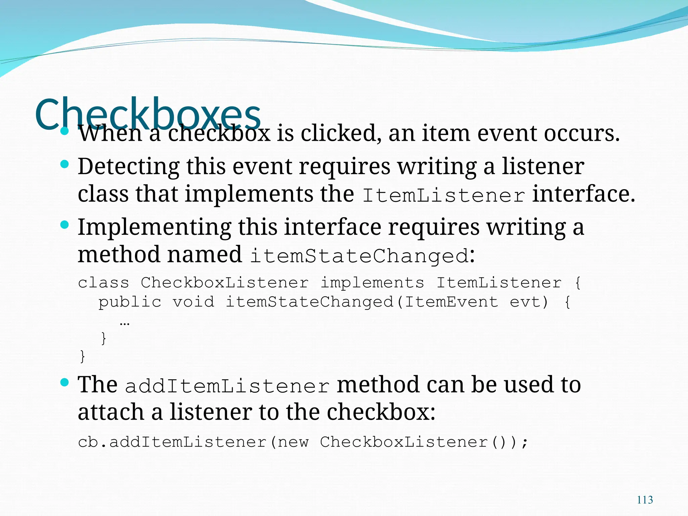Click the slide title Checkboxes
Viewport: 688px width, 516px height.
click(148, 114)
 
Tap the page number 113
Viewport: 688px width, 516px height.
click(645, 500)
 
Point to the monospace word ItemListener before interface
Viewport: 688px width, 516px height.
click(443, 195)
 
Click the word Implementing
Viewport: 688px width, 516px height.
click(155, 227)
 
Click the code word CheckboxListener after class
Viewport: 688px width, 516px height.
click(224, 283)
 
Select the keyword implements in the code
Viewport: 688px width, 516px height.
click(372, 283)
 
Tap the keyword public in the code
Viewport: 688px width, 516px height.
click(130, 302)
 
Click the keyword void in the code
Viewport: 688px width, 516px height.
click(193, 302)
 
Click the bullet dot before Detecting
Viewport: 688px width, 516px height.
click(64, 164)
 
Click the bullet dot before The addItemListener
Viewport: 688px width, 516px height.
click(64, 382)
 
